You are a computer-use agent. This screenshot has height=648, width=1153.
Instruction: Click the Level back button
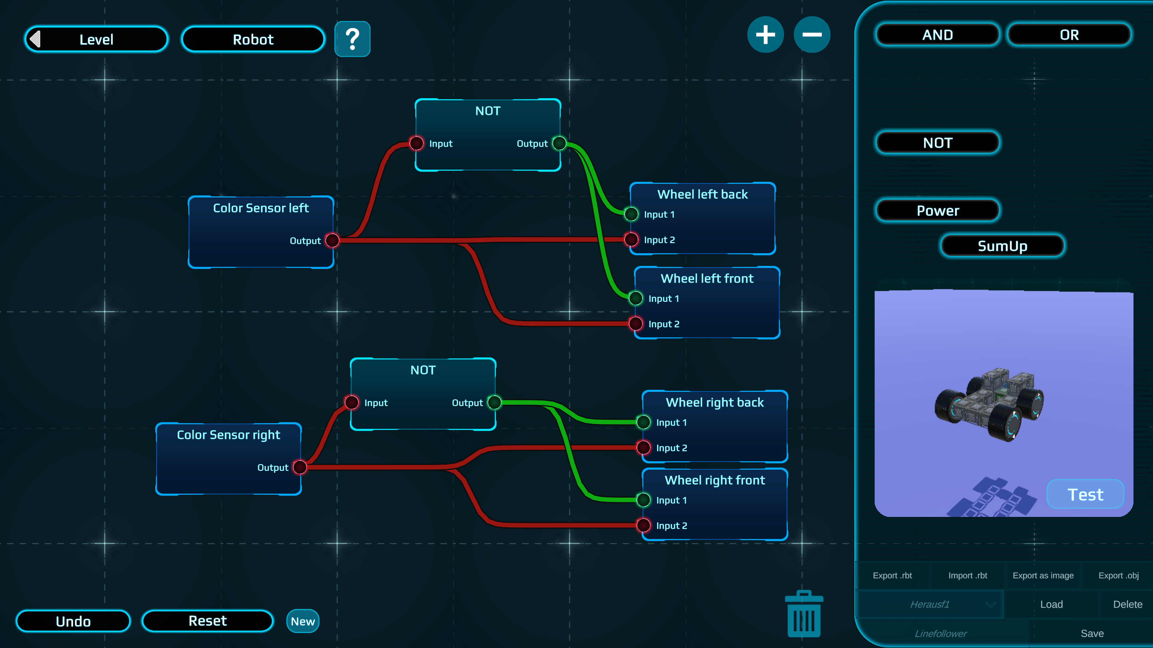click(x=96, y=39)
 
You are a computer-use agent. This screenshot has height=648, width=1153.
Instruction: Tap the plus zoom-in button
click(x=765, y=34)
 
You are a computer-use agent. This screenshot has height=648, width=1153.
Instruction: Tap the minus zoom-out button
click(x=812, y=34)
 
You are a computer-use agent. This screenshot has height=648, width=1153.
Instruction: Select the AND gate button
click(x=937, y=35)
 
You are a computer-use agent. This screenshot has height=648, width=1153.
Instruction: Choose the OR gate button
click(x=1069, y=35)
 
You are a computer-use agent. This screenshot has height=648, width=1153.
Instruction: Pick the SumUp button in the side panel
click(x=1002, y=246)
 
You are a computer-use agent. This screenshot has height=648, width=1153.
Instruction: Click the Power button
click(x=937, y=211)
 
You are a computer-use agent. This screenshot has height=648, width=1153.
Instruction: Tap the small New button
click(x=303, y=621)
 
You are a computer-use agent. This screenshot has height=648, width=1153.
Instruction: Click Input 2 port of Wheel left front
click(x=636, y=323)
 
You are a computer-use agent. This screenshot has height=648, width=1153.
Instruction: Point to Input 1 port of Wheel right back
click(x=643, y=422)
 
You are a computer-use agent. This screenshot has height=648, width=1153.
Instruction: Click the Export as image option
click(x=1043, y=576)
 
